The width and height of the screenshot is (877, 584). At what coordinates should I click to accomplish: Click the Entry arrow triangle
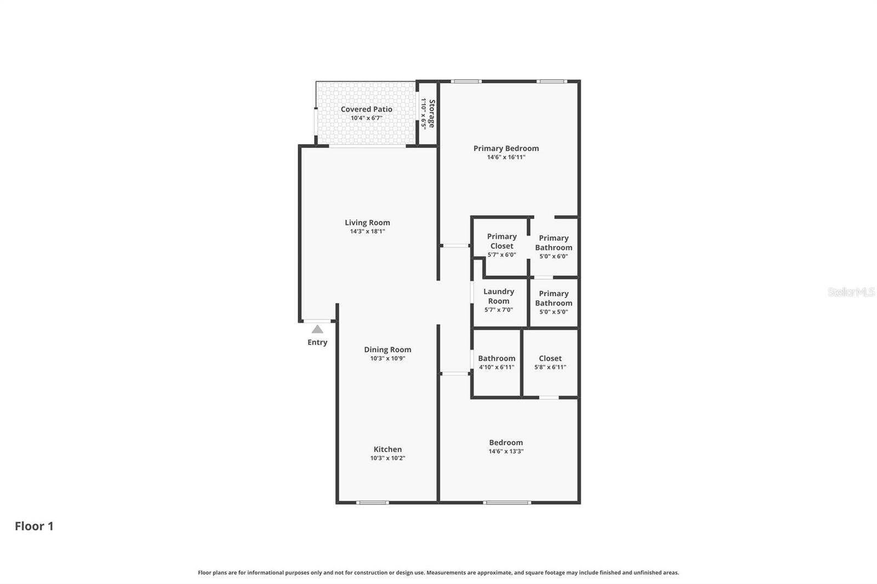317,329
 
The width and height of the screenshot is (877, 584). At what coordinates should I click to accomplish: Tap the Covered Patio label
366,109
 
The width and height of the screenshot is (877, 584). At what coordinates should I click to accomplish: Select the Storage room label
431,113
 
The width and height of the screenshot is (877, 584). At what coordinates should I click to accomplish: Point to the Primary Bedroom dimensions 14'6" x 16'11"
506,157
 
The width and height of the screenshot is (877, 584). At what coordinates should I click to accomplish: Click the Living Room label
367,222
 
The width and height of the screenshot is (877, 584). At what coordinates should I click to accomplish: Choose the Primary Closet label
502,241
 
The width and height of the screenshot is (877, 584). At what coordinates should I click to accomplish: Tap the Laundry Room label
499,296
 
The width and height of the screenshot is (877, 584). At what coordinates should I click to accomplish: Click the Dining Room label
388,350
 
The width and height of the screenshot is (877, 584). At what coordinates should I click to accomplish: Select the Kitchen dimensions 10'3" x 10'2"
388,458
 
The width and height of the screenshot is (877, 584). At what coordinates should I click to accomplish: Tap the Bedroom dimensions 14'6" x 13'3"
506,451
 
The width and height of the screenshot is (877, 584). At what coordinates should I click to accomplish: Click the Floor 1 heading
34,526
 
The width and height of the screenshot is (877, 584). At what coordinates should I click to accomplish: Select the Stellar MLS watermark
851,292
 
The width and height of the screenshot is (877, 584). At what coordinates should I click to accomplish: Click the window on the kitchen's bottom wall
373,502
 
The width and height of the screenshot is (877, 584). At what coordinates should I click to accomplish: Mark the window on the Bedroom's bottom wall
507,502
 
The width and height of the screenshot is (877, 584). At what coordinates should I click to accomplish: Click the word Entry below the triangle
317,342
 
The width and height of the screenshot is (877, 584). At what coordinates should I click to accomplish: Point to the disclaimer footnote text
438,572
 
